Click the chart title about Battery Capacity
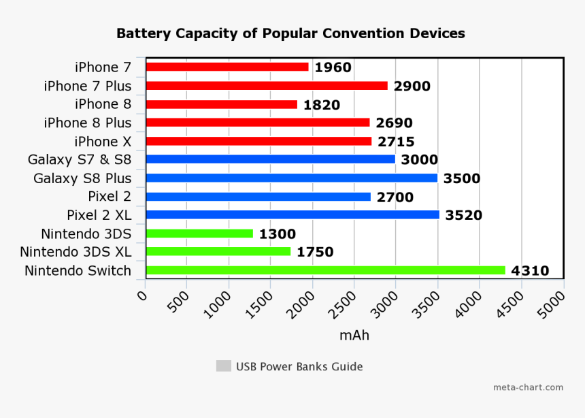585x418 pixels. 290,33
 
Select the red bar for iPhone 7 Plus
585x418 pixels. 267,86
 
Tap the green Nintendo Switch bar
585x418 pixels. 325,270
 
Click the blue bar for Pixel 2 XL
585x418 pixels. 292,214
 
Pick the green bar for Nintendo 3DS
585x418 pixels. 199,234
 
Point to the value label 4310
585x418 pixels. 529,271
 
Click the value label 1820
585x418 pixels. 321,105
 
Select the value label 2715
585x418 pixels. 395,142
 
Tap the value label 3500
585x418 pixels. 461,179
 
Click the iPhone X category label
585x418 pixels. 103,142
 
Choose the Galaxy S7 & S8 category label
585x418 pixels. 79,160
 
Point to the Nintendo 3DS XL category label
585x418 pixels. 75,252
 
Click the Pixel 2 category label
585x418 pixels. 110,197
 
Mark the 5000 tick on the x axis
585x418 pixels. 554,304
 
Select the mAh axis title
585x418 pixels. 354,336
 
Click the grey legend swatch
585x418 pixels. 223,366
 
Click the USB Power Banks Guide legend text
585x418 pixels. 299,366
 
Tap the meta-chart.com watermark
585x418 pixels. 528,387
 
